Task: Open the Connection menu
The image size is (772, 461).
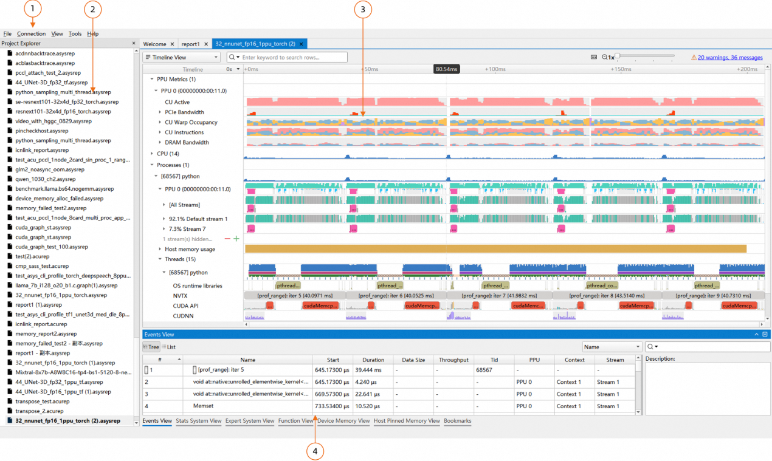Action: coord(31,34)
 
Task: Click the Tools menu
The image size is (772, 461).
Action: coord(75,34)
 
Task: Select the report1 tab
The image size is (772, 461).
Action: coord(190,44)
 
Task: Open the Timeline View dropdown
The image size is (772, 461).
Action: coord(182,58)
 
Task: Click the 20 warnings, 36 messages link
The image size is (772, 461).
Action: coord(729,58)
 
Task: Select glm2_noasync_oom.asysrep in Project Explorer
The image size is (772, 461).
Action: coord(50,169)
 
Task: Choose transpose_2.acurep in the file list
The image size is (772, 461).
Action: coord(41,411)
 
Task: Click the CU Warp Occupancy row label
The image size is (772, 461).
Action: coord(190,123)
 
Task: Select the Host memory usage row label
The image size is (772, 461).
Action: coord(190,250)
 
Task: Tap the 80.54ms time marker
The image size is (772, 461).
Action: coord(446,69)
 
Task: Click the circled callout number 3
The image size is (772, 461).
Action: coord(363,9)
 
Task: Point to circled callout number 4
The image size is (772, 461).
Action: coord(315,451)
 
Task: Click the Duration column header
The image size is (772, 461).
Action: coord(373,360)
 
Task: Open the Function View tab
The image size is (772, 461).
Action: coord(295,421)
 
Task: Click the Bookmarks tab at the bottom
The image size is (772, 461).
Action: coord(457,421)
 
